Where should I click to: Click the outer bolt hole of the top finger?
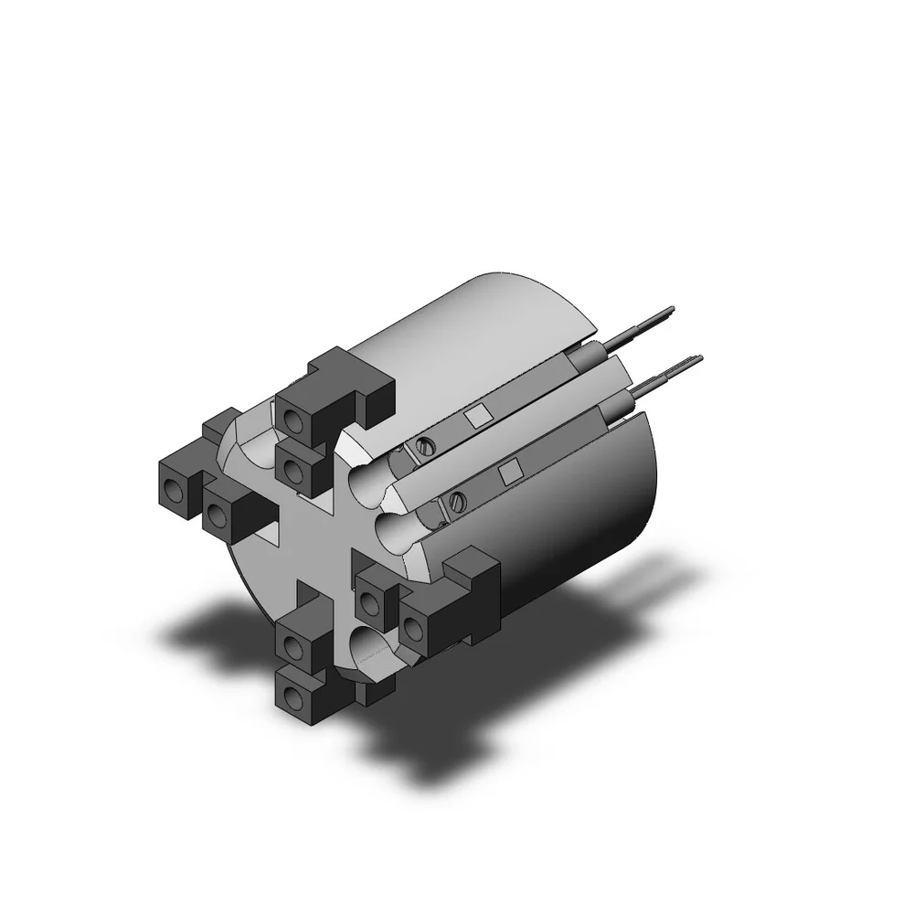[292, 420]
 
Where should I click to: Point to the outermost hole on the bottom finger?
[292, 699]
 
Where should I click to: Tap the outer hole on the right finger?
[414, 627]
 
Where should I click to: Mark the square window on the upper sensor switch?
[475, 417]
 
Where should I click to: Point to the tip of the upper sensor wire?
[672, 311]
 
